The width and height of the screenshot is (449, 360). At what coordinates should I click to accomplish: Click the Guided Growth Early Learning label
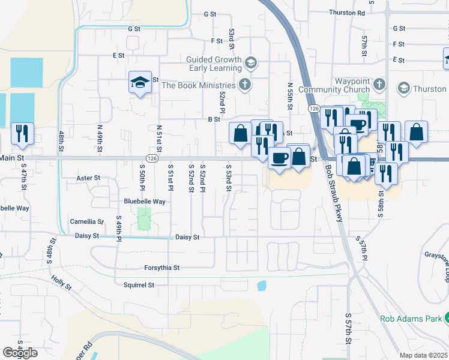[212, 64]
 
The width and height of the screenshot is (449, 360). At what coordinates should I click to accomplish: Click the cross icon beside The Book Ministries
[244, 84]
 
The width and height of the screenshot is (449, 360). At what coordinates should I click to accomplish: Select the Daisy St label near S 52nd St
[187, 238]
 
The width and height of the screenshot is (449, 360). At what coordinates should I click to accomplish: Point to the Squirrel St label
[139, 285]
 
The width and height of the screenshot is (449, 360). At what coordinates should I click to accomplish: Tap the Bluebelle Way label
[145, 202]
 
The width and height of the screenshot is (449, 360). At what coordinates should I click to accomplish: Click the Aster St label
[88, 178]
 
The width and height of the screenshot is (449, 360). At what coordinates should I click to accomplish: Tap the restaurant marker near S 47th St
[22, 134]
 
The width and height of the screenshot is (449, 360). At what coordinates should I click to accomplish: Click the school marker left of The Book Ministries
[140, 83]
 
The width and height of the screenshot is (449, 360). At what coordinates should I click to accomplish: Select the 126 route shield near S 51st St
[152, 158]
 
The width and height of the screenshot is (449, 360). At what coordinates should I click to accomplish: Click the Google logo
[20, 353]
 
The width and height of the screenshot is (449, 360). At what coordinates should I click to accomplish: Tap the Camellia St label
[86, 221]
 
